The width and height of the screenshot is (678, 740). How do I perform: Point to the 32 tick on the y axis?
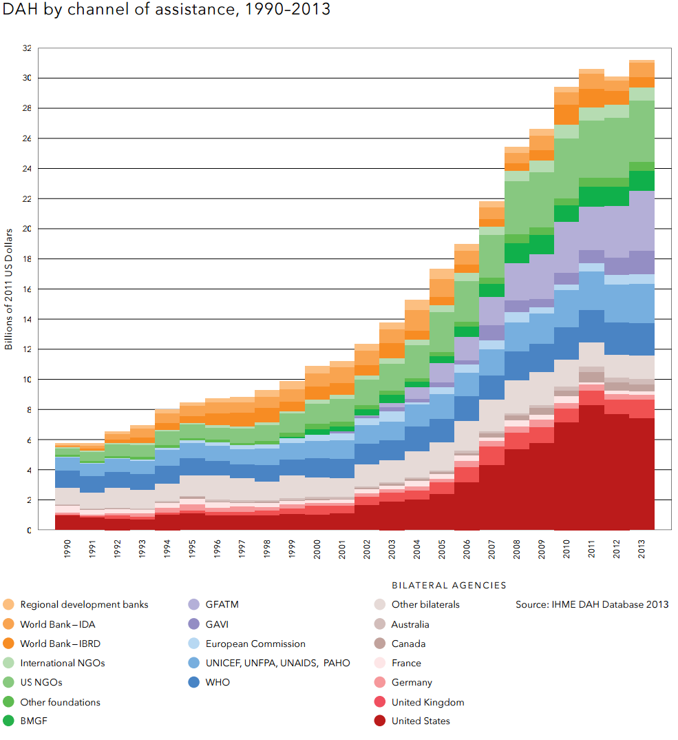click(27, 48)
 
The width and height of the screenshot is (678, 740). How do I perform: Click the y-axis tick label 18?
click(27, 259)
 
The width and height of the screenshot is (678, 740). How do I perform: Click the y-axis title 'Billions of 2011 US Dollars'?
click(9, 289)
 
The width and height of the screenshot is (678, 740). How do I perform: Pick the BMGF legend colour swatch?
click(8, 721)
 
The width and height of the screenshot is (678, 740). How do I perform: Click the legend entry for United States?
click(421, 721)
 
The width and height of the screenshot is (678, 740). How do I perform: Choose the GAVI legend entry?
click(217, 624)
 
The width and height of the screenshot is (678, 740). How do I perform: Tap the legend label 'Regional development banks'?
click(84, 605)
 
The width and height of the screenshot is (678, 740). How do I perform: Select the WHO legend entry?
click(218, 683)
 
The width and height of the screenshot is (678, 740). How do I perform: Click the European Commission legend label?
click(255, 644)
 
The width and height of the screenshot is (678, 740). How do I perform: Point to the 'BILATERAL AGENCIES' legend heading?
click(449, 586)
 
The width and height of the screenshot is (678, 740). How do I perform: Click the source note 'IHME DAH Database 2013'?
click(592, 605)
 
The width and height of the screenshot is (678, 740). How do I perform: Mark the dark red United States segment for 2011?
click(593, 469)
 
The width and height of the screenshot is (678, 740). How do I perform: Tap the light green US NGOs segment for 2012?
click(618, 148)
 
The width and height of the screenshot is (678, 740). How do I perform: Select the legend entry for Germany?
click(412, 683)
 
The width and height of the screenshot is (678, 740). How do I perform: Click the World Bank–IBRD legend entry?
click(66, 644)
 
